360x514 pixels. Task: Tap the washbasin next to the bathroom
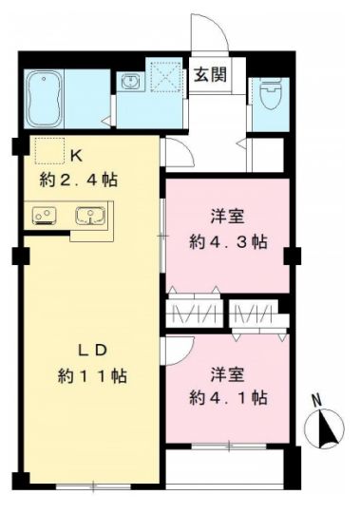click(129, 84)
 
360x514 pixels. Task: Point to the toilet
click(267, 95)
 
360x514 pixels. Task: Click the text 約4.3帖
click(227, 240)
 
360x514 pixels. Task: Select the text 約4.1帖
click(227, 395)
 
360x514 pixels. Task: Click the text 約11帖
click(90, 376)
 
